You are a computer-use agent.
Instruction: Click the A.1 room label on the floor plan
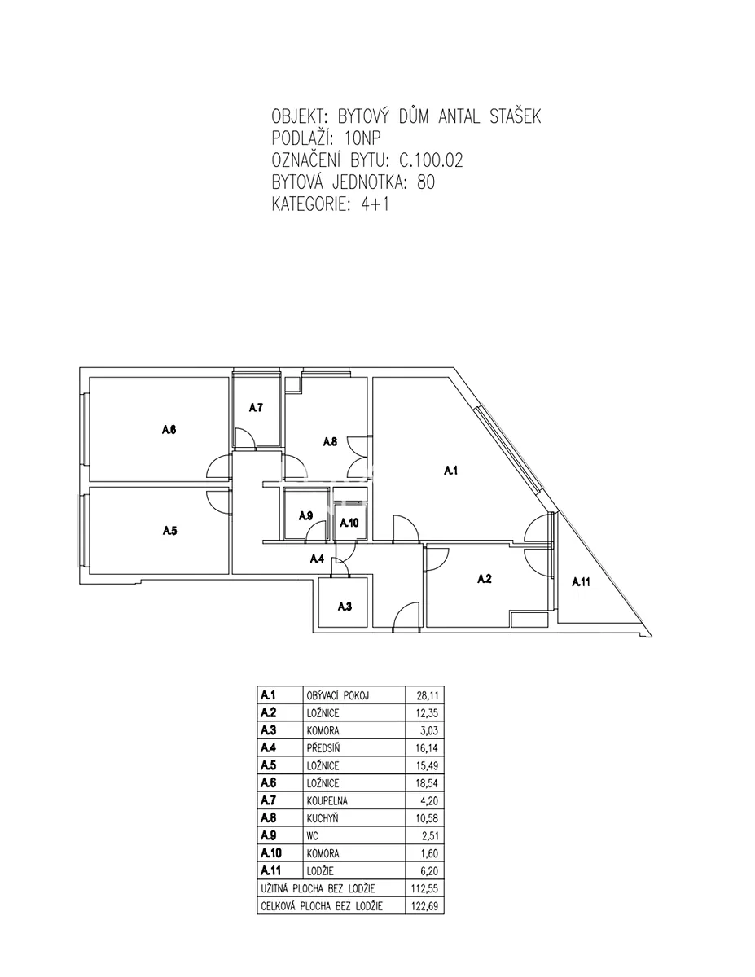(450, 471)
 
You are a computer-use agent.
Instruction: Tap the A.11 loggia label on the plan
(581, 582)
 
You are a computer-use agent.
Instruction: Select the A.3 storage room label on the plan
(345, 607)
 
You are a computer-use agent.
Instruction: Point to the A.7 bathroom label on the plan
(256, 407)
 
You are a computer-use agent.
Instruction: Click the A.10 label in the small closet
(349, 523)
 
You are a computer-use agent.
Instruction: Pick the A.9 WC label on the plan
(305, 515)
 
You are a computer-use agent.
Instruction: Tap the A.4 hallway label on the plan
(317, 559)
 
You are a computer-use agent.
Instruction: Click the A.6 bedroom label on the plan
(169, 429)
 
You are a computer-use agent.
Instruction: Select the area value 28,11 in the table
(428, 695)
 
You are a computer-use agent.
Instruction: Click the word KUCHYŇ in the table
(323, 818)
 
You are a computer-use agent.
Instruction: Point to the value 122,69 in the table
(424, 905)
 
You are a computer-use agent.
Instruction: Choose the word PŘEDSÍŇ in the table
(323, 747)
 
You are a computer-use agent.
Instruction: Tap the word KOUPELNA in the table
(327, 801)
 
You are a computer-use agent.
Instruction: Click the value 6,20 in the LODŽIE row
(429, 871)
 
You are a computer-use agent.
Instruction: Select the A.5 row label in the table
(269, 765)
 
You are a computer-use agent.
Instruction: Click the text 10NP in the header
(362, 138)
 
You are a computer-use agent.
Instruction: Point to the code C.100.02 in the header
(431, 160)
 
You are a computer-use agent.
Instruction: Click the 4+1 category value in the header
(375, 204)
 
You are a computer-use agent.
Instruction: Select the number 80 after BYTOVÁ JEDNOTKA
(426, 182)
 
